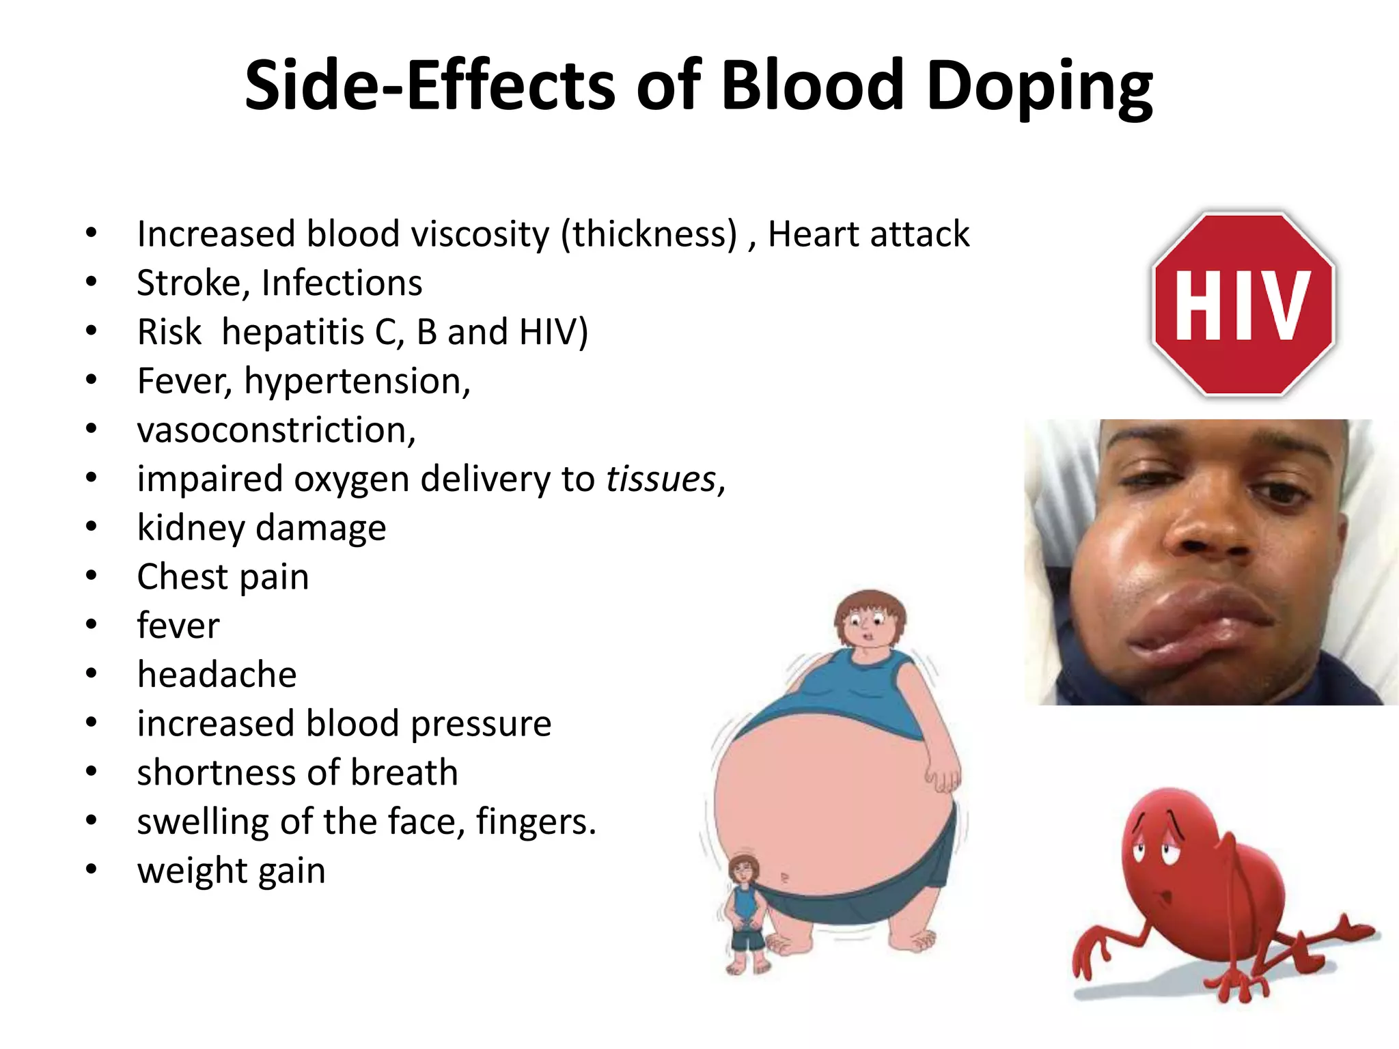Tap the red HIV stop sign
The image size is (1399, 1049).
[1243, 305]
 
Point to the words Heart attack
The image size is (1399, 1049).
[868, 234]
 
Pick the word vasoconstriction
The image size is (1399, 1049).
[275, 430]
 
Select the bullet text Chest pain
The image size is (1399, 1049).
[223, 577]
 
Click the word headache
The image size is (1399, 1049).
[217, 675]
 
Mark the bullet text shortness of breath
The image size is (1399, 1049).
[297, 772]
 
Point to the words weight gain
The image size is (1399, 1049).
[231, 871]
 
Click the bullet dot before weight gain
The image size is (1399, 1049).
[92, 869]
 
